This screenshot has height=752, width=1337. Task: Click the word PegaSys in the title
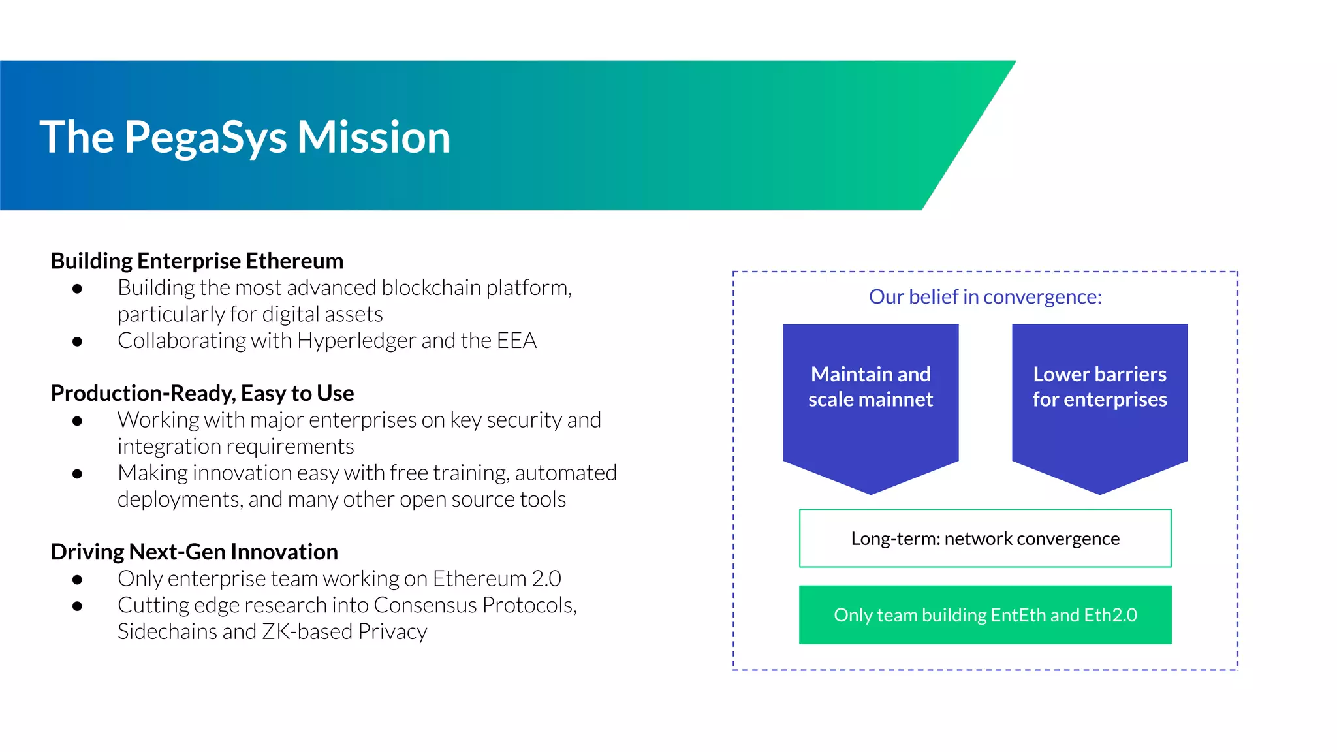pyautogui.click(x=205, y=138)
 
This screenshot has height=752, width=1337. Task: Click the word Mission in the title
pyautogui.click(x=373, y=138)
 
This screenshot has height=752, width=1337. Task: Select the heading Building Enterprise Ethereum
pyautogui.click(x=197, y=261)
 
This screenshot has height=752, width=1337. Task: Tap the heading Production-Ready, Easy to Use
pyautogui.click(x=202, y=394)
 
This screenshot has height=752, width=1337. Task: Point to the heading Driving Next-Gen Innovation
pyautogui.click(x=194, y=552)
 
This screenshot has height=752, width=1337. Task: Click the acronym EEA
pyautogui.click(x=516, y=341)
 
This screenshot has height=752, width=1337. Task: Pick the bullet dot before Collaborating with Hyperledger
pyautogui.click(x=77, y=341)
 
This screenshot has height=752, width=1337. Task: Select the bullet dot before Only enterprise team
pyautogui.click(x=77, y=580)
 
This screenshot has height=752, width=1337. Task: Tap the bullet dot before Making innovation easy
pyautogui.click(x=77, y=474)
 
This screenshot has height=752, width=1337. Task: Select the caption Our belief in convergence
pyautogui.click(x=984, y=297)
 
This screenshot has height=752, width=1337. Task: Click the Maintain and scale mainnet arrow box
pyautogui.click(x=870, y=405)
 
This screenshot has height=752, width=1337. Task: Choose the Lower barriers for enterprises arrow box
pyautogui.click(x=1099, y=405)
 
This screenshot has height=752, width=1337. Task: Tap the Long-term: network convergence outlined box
pyautogui.click(x=984, y=539)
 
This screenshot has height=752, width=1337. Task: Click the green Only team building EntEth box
pyautogui.click(x=984, y=615)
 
